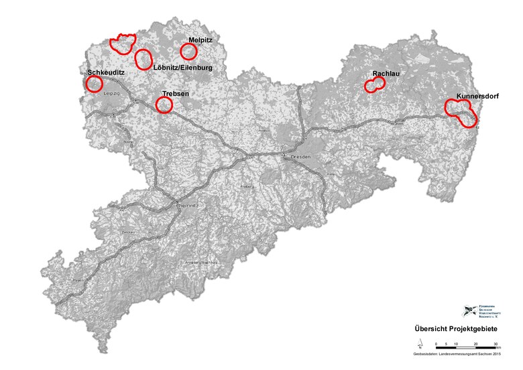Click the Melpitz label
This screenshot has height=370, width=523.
click(x=200, y=40)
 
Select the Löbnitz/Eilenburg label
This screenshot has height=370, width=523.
click(x=182, y=68)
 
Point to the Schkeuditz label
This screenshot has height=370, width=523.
click(x=105, y=72)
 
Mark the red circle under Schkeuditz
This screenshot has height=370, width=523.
click(x=94, y=84)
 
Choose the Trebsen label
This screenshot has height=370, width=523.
click(x=176, y=95)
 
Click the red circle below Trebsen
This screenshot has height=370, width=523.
click(x=164, y=105)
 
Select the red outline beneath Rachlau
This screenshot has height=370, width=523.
click(x=375, y=84)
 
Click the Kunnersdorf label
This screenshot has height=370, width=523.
click(x=477, y=97)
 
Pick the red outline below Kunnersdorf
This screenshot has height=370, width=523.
click(x=461, y=112)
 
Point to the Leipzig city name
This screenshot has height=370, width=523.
click(x=111, y=94)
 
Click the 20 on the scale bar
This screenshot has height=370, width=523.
click(x=475, y=344)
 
